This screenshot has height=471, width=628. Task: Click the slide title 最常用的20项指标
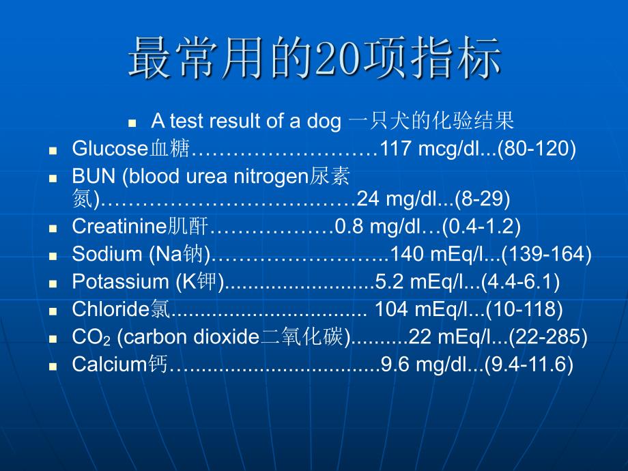(x=315, y=57)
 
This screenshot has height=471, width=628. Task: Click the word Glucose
(x=110, y=148)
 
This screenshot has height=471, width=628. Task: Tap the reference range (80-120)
(x=537, y=148)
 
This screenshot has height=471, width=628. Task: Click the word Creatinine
(x=119, y=226)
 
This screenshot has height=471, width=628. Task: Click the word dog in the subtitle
(x=324, y=122)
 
